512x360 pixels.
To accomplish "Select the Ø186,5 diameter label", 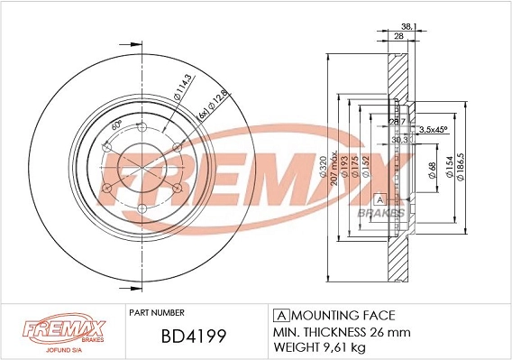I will click(461, 169).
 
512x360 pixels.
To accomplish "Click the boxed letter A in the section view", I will click(379, 198).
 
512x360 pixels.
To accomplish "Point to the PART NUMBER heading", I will click(157, 311).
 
